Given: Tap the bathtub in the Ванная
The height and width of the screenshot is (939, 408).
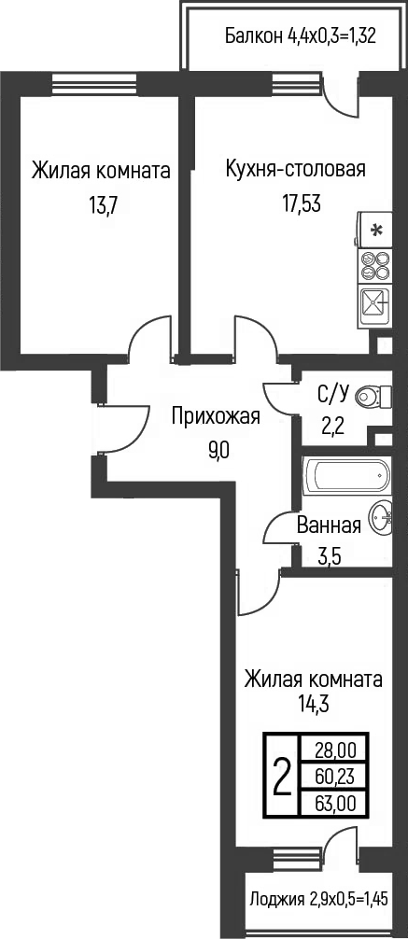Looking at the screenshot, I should point(345,475).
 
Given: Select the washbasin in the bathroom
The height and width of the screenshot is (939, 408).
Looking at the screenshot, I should point(382,517).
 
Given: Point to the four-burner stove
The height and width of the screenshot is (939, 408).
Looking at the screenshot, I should point(375,266).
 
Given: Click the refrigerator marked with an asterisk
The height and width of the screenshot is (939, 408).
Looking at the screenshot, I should point(376,230).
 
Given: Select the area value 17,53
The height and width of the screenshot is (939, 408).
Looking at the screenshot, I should point(301,203).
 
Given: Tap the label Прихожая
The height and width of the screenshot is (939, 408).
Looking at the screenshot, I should point(215,417).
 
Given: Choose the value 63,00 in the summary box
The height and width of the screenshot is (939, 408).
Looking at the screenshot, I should point(334,801).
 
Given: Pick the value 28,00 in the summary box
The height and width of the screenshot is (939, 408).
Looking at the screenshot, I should point(334,749).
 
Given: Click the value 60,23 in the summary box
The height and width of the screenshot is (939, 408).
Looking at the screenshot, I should point(334,775).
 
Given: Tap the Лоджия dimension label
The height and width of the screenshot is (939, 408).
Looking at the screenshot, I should point(317,900).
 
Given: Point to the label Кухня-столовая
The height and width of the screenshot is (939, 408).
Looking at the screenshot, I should point(295,169).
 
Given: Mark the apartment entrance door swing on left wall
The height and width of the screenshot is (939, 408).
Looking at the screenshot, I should point(126,429).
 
